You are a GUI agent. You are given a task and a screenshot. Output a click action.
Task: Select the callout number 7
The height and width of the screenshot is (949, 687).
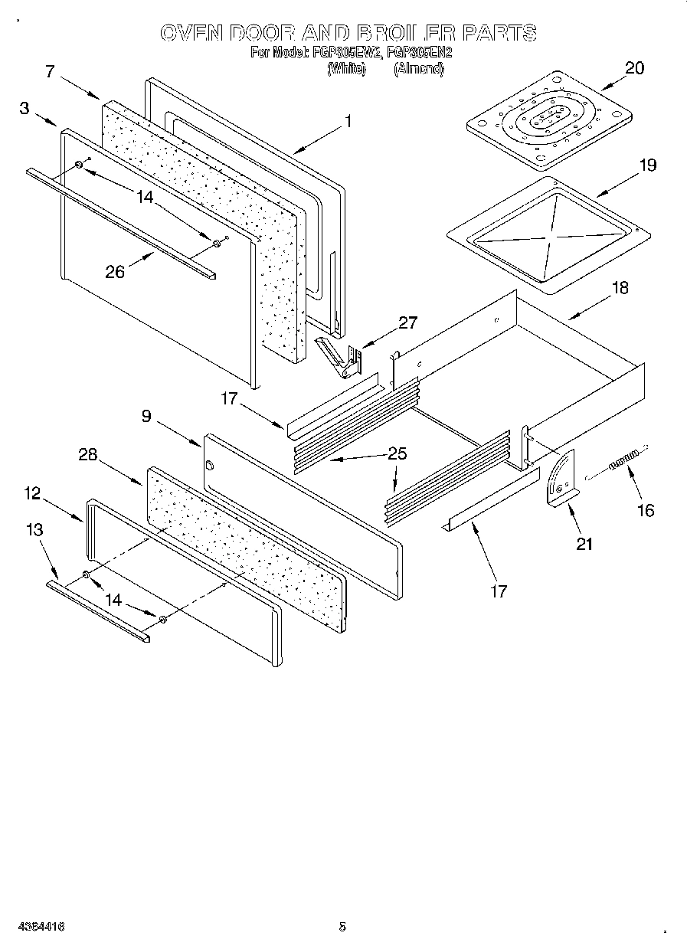50,72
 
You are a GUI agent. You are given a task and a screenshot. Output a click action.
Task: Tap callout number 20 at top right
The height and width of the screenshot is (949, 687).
634,67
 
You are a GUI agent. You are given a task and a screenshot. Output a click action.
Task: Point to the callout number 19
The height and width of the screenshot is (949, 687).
647,165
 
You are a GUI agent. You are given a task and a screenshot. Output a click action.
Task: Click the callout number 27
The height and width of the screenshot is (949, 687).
408,322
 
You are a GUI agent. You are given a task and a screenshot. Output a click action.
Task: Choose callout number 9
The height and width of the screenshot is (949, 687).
146,416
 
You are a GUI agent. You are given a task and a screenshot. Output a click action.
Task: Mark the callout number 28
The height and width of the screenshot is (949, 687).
88,454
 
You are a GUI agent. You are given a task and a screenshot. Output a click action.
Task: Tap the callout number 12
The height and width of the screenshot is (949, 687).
31,493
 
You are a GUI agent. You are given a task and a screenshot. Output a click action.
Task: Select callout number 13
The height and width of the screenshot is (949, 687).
34,529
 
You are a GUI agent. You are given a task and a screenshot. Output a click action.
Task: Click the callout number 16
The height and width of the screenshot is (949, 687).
646,510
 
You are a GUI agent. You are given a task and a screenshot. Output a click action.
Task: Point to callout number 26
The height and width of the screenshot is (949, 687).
115,272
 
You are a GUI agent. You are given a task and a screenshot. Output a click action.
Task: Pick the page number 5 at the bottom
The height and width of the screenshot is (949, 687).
342,927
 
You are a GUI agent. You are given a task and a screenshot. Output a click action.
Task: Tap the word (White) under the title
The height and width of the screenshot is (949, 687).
346,69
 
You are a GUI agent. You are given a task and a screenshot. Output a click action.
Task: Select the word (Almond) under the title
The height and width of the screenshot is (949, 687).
418,69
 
